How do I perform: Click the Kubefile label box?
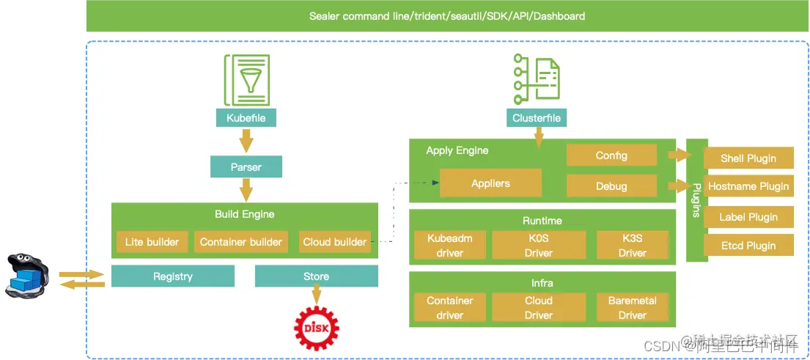(x=246, y=117)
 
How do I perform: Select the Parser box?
(x=246, y=167)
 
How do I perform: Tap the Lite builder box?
(x=152, y=242)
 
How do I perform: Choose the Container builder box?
(x=241, y=242)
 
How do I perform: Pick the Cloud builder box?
(x=334, y=242)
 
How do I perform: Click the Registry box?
(x=172, y=276)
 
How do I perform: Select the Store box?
(x=316, y=276)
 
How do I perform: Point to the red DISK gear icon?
(x=316, y=327)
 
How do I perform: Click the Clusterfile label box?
(x=537, y=117)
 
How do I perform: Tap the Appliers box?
(x=490, y=183)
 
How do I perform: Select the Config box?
(x=611, y=155)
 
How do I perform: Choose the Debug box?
(x=611, y=186)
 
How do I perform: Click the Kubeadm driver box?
(x=449, y=246)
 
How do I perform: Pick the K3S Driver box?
(x=632, y=246)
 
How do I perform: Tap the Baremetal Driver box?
(x=632, y=308)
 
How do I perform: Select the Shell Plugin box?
(x=748, y=158)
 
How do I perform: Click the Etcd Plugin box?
(x=748, y=246)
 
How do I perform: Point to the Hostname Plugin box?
(x=748, y=186)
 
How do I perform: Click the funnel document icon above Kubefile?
(x=246, y=81)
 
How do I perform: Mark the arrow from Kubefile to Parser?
(x=246, y=140)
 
